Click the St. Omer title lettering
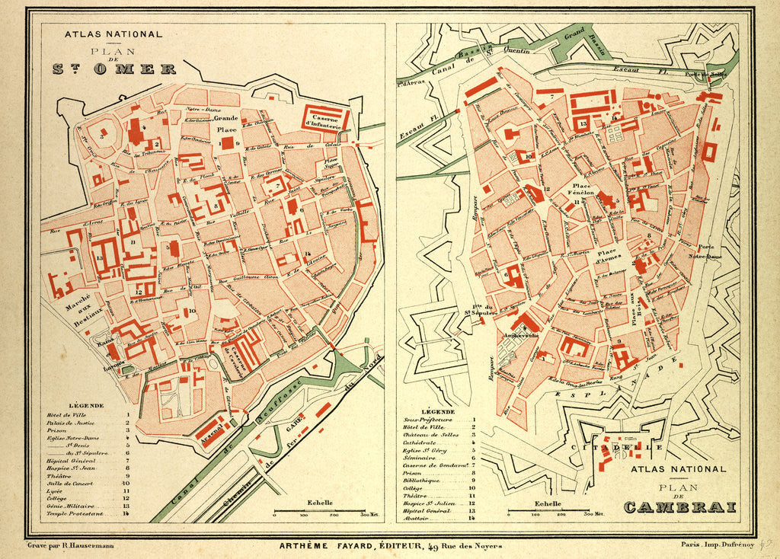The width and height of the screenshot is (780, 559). coord(114,69)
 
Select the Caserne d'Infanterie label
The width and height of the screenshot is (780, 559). coord(326,118)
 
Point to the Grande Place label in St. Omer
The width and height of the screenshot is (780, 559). coord(226,124)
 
